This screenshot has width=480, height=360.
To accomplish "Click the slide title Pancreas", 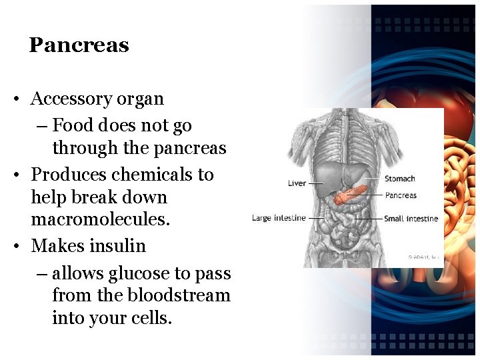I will pos(79,45).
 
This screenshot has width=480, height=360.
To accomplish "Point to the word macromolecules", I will pos(100,219).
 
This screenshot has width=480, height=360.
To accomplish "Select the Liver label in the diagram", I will pos(297,183).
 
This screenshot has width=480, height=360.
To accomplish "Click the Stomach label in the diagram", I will pos(399,179).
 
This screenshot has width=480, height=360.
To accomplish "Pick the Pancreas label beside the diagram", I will pos(401,195).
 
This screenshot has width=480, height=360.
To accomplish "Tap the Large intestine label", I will pos(279,218).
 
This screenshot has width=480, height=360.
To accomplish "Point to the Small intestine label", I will pos(411,219).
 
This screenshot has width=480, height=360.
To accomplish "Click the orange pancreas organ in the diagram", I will pos(351,195).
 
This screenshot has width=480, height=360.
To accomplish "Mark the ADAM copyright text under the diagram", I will pos(423,257).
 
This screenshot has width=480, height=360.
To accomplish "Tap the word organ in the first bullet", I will pos(139,99).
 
